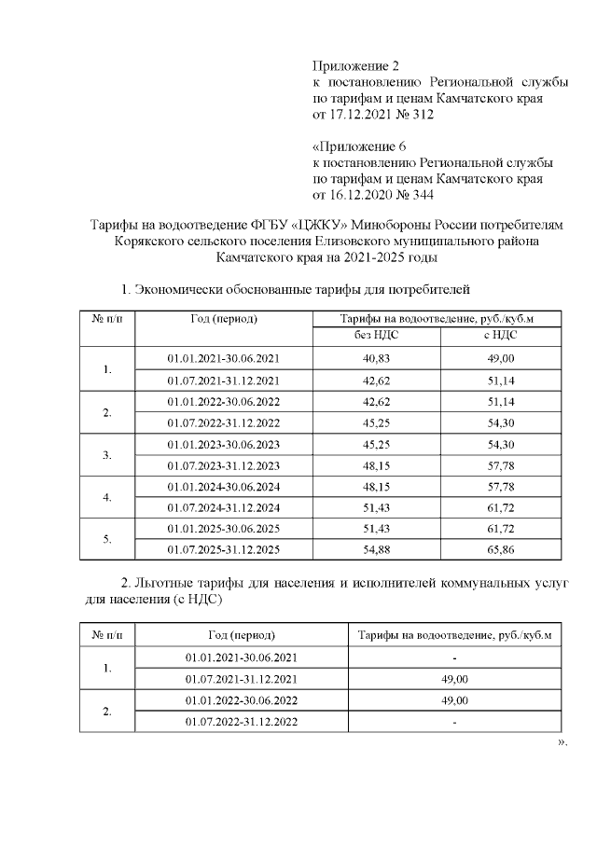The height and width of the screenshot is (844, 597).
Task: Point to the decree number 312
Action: [420, 115]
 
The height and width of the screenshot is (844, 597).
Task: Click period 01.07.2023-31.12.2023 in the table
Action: [223, 464]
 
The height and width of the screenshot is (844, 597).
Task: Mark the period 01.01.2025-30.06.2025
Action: [223, 528]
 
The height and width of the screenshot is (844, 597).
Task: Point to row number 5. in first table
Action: [107, 538]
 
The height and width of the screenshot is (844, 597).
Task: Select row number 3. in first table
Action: [107, 454]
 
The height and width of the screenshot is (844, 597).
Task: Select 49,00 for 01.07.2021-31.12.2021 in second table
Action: [453, 679]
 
